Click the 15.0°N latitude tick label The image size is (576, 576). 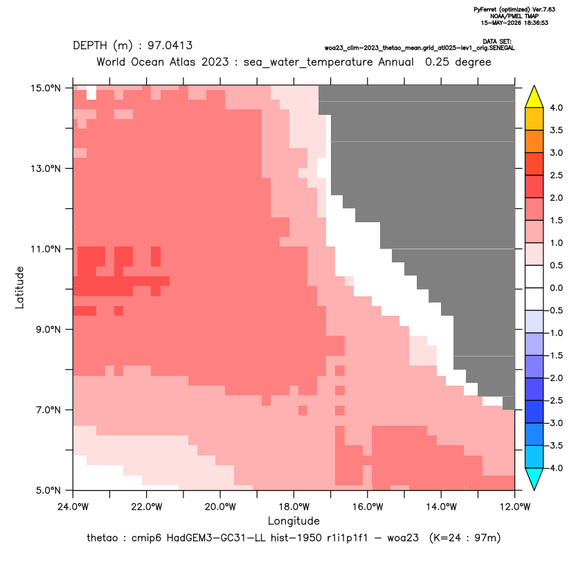point(46,88)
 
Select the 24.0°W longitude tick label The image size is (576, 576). point(73,507)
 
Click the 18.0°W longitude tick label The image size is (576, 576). point(294,507)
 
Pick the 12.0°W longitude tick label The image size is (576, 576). point(514,507)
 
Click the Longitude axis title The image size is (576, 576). point(294,521)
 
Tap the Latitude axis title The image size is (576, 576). point(19,287)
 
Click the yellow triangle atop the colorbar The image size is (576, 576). point(534,97)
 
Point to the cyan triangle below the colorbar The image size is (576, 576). point(534,479)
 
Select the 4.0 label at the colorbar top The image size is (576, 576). point(556,107)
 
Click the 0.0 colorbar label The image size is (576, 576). point(556,288)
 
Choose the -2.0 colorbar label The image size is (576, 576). point(556,378)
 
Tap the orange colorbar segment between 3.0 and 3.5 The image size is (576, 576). point(534,141)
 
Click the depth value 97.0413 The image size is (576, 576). point(170,46)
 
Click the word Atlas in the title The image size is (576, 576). point(182,62)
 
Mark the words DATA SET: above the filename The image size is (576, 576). point(497,42)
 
